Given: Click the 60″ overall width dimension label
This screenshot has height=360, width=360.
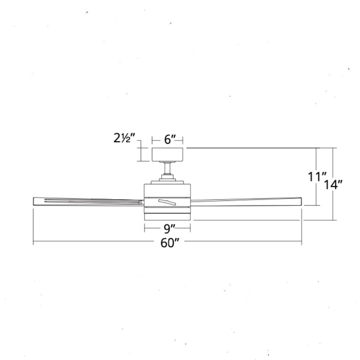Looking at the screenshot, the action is [x=170, y=243].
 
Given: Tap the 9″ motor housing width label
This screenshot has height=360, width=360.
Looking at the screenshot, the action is [x=170, y=228].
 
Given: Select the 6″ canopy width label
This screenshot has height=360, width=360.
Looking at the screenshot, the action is [x=170, y=139].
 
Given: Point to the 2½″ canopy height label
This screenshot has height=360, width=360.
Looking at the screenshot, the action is [x=124, y=138].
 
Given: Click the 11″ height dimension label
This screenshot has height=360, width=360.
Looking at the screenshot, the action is [x=317, y=177].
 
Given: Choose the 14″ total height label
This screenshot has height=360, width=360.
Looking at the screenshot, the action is [x=333, y=185].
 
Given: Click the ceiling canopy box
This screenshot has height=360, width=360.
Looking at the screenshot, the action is [x=167, y=154].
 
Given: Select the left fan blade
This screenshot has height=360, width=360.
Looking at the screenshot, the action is [x=89, y=201].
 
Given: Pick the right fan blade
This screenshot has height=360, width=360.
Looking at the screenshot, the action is [x=246, y=201].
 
